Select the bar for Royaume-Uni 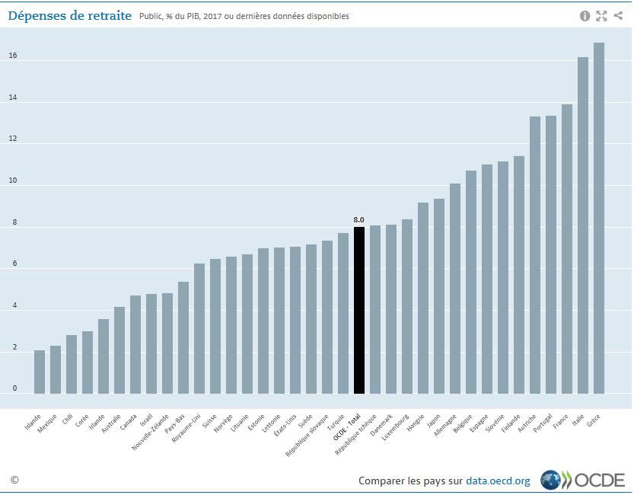tap(199, 328)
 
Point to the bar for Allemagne tap(455, 289)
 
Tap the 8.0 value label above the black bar tap(359, 220)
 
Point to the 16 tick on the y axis tap(13, 56)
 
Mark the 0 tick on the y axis tap(14, 388)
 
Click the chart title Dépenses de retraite tap(70, 15)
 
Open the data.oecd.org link tap(498, 481)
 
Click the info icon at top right tap(585, 16)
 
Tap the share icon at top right tap(618, 16)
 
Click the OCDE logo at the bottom tap(582, 480)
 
